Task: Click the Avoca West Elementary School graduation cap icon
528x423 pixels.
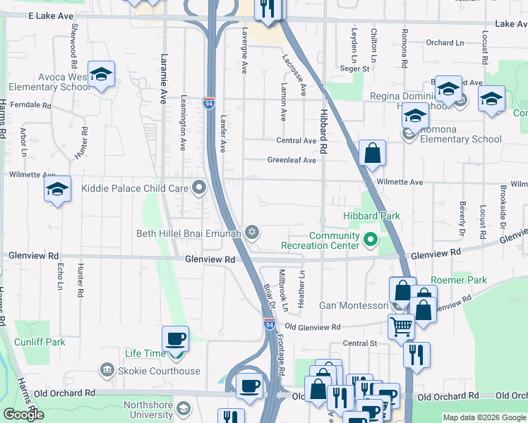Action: [x=102, y=75]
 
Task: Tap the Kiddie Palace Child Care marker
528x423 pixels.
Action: [x=200, y=188]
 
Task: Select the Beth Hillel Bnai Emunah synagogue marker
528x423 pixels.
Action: [x=251, y=233]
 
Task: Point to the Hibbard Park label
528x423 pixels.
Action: [x=371, y=216]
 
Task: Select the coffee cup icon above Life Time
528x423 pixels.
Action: [x=175, y=339]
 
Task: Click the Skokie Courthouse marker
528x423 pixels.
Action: [x=107, y=369]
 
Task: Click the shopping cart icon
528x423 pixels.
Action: [x=401, y=326]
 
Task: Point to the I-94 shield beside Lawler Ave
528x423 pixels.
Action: [x=209, y=103]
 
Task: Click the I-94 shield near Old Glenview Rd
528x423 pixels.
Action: [x=270, y=324]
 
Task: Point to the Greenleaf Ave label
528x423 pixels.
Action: [x=292, y=160]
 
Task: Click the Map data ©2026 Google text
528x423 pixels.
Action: [x=484, y=417]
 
